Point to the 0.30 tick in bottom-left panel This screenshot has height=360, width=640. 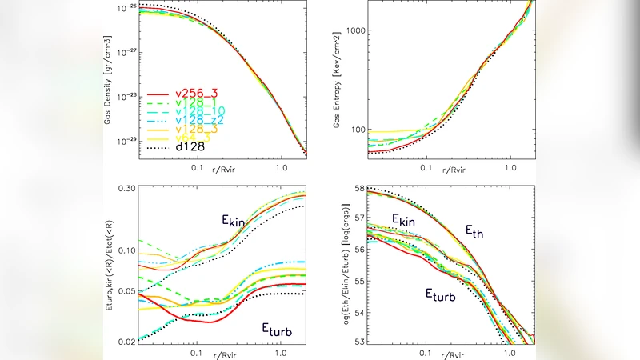pos(126,188)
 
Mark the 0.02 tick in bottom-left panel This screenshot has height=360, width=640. pos(126,342)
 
